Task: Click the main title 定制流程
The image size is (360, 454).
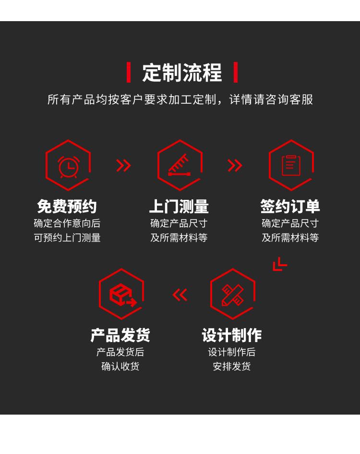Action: [182, 73]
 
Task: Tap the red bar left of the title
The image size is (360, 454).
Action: [129, 73]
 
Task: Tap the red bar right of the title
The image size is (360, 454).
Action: [235, 73]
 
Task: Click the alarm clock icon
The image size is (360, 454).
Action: [68, 166]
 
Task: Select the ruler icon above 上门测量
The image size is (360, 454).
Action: [180, 166]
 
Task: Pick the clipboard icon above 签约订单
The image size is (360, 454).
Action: [291, 166]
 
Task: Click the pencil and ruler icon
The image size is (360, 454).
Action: [232, 294]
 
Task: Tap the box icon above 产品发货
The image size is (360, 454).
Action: [121, 294]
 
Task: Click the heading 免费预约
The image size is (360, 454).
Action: [67, 207]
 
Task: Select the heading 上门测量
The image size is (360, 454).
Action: [179, 207]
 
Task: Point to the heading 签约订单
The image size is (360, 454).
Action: [290, 207]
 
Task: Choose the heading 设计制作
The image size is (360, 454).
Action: [232, 335]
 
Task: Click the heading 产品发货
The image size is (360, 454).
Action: [120, 335]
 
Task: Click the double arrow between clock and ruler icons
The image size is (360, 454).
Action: [123, 165]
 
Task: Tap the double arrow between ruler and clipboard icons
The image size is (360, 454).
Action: [235, 165]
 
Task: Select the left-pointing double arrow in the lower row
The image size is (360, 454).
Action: [180, 294]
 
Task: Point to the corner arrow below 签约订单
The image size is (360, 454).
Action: [279, 264]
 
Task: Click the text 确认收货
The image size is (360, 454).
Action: [120, 367]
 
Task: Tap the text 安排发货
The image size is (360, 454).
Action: [232, 367]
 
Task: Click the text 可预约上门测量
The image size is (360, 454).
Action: [67, 238]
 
